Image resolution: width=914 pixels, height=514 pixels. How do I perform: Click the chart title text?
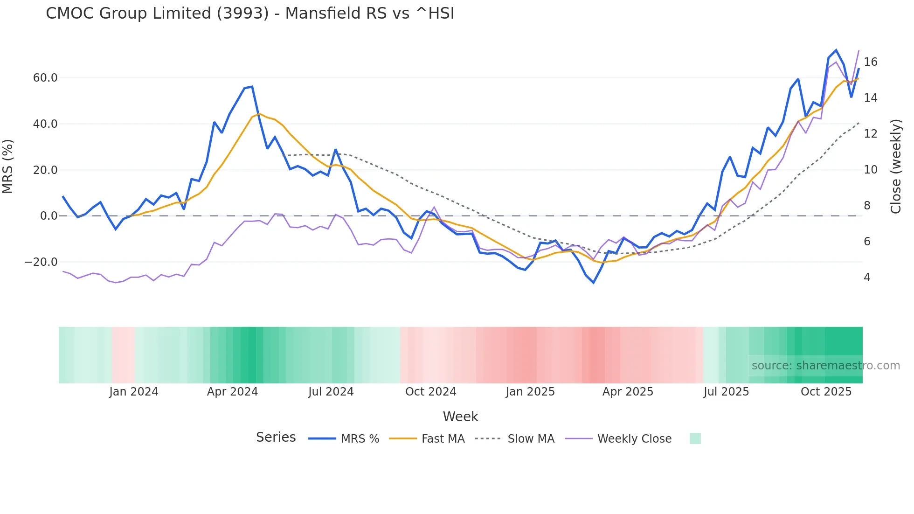click(250, 14)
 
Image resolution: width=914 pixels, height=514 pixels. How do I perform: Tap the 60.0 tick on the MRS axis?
click(45, 78)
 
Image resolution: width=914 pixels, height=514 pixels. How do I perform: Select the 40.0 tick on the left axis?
click(45, 124)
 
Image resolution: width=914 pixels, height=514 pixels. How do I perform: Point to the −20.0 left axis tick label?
click(41, 262)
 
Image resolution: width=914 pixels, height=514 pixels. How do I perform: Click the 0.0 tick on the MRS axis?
click(49, 216)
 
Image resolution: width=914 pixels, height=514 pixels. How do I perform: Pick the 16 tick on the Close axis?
click(870, 62)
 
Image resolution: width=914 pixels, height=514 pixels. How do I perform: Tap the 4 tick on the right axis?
click(867, 278)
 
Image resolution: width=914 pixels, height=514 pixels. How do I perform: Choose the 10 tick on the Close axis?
click(870, 170)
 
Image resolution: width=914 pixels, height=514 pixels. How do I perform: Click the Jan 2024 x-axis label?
click(134, 392)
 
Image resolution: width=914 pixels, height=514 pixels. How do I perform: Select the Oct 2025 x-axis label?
click(826, 392)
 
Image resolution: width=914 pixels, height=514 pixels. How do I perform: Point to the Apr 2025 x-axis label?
click(628, 392)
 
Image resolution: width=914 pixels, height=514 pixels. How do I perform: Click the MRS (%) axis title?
click(8, 166)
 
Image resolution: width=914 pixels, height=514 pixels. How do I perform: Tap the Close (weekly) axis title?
click(896, 166)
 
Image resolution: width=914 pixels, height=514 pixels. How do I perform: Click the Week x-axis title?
click(460, 417)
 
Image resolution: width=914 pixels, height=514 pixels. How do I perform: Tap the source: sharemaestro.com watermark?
click(825, 366)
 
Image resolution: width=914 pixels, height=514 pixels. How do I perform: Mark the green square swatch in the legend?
click(695, 438)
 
